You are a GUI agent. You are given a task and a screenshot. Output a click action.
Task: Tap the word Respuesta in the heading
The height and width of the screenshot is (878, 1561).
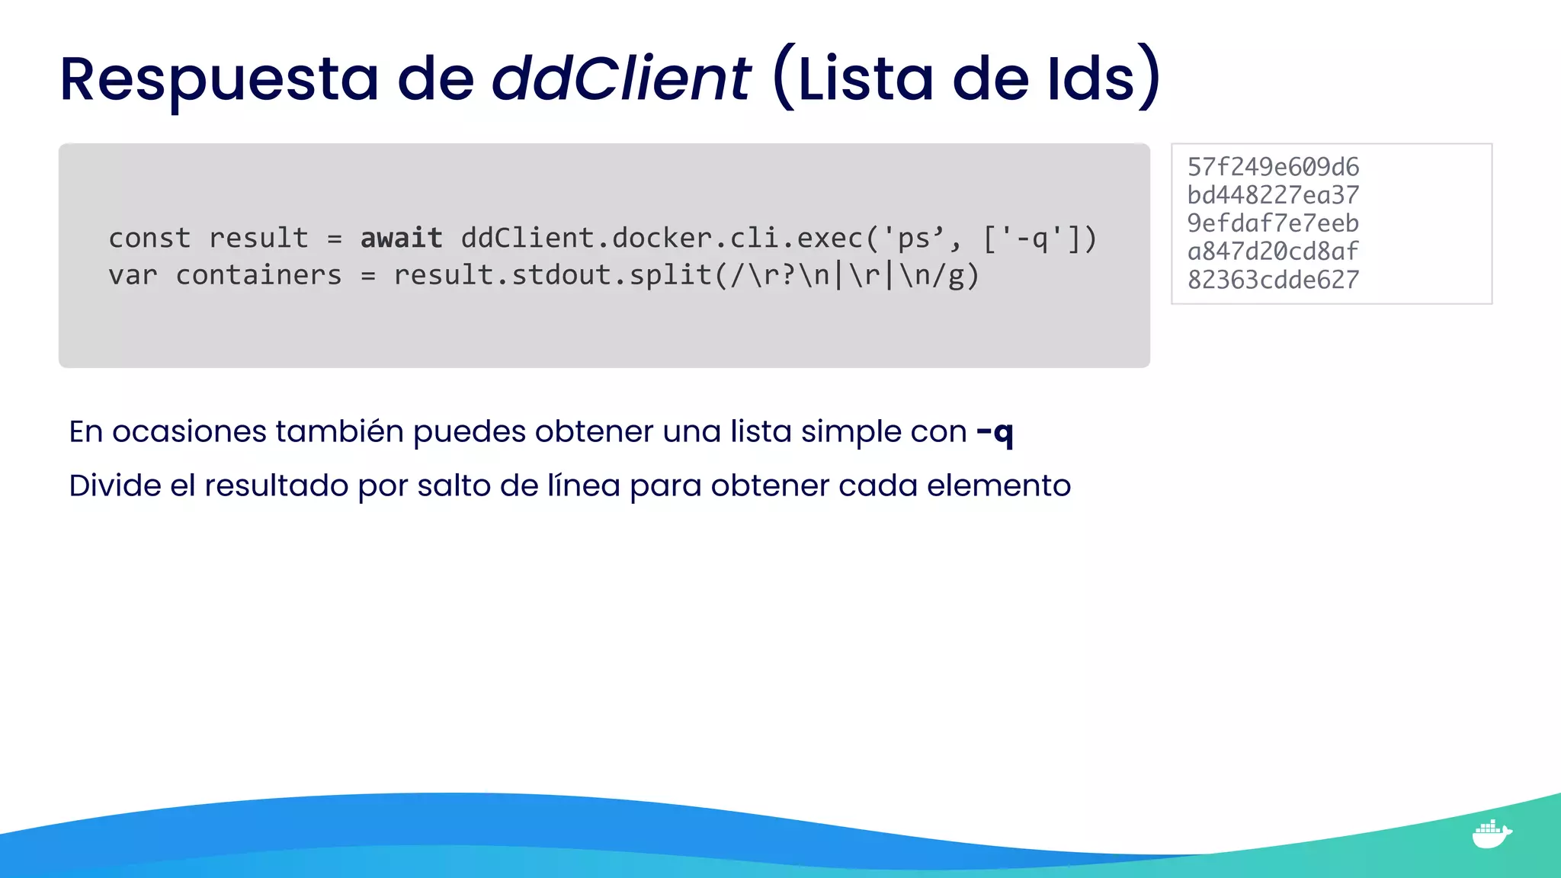(219, 79)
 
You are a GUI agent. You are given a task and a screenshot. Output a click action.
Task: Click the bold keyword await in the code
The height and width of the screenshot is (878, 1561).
(401, 239)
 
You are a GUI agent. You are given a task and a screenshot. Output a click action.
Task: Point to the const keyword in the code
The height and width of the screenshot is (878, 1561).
(149, 239)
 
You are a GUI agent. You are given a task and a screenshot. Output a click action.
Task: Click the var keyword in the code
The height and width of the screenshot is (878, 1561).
(133, 275)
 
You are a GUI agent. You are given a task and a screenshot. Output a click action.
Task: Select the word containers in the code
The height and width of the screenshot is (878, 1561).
(258, 275)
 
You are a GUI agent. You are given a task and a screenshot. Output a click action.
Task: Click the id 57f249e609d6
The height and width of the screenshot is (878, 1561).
(1273, 167)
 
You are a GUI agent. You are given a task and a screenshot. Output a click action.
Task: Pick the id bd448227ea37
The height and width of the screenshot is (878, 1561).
(1273, 195)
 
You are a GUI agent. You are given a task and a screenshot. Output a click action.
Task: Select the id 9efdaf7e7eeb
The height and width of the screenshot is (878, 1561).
(1273, 223)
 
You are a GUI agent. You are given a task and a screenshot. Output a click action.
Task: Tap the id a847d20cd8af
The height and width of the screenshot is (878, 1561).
(1273, 252)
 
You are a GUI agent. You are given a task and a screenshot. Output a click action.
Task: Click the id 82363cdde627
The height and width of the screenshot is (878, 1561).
(1273, 280)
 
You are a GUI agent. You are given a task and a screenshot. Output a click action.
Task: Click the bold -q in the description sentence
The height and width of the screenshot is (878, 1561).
(995, 433)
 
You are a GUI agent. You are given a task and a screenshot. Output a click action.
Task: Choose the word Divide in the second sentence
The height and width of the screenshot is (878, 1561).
(114, 485)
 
